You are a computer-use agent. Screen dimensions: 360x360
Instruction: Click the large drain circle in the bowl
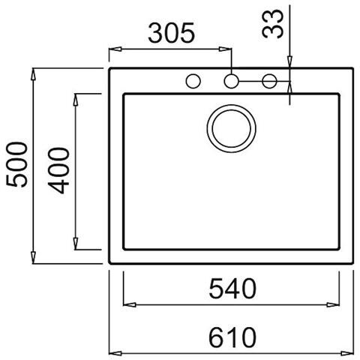[229, 127]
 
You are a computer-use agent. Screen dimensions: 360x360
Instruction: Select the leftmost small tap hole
[193, 80]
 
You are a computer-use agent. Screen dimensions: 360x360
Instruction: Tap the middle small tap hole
[231, 80]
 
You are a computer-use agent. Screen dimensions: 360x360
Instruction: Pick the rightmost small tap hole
[269, 80]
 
